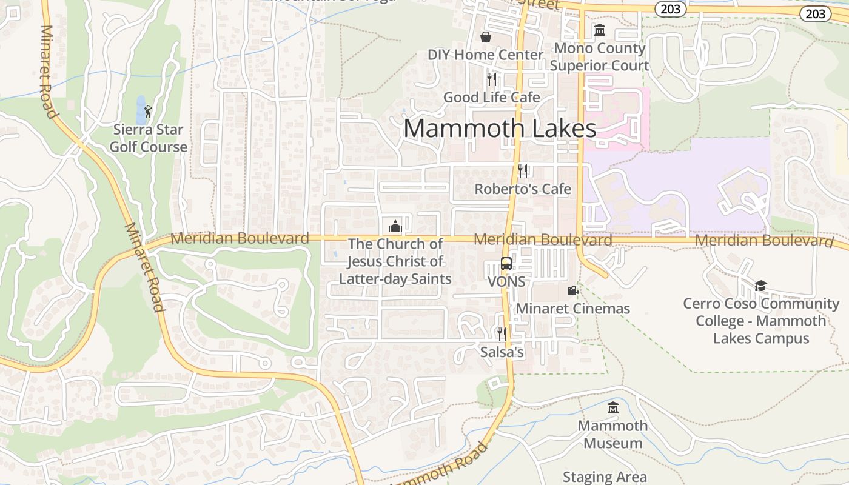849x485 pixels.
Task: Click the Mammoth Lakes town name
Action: [500, 129]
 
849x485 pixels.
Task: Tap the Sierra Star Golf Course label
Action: [149, 138]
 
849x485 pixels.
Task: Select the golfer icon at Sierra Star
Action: [148, 112]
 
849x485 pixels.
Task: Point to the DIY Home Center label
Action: [485, 55]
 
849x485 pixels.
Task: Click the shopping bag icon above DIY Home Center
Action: [486, 37]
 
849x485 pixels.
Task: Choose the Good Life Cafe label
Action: [491, 97]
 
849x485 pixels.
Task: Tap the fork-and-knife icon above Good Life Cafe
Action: [492, 79]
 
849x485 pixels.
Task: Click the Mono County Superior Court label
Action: [599, 56]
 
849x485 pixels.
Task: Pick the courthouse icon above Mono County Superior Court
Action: [600, 30]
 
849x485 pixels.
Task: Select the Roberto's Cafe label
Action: [523, 189]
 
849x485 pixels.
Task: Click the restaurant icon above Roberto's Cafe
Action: [523, 171]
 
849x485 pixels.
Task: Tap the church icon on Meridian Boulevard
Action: [395, 226]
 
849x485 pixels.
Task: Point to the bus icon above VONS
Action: [506, 264]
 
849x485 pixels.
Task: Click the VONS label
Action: [506, 282]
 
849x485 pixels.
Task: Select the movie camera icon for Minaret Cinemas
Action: [572, 291]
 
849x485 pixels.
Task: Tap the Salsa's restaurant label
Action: [502, 352]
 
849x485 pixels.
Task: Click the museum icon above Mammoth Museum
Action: [613, 407]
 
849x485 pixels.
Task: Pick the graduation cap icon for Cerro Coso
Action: [760, 286]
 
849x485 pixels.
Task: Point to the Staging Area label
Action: [605, 477]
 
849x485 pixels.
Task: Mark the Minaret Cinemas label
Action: [572, 309]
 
